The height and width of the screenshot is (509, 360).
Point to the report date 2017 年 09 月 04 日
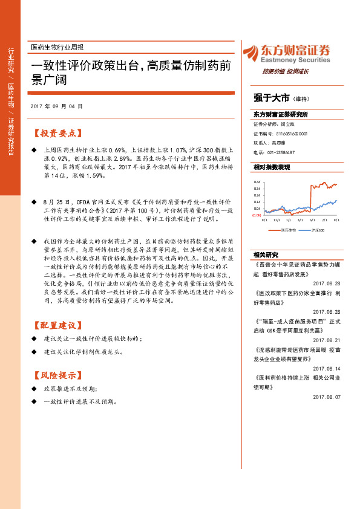point(56,106)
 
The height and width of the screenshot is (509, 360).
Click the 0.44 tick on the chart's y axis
point(257,182)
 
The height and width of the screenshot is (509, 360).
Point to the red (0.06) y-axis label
point(257,215)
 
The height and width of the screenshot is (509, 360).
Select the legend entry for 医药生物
point(286,230)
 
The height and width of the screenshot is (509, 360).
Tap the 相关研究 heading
point(265,254)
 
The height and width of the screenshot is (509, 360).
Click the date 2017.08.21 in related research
point(327,340)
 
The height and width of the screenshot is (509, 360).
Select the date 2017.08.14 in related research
point(327,368)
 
